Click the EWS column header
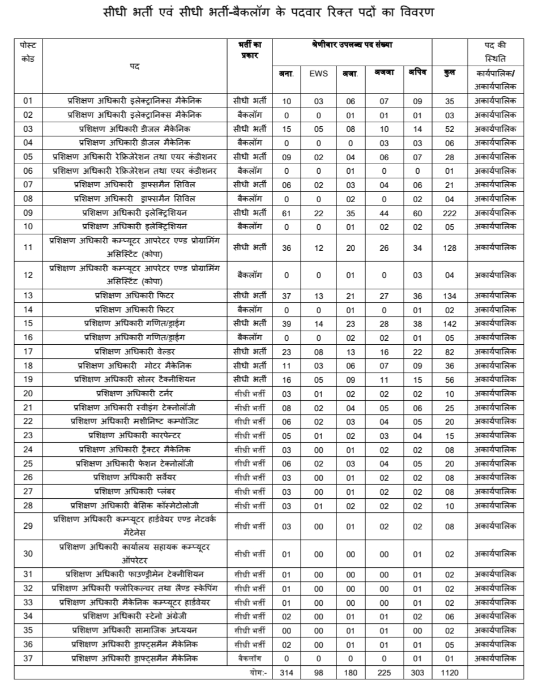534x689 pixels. tap(318, 74)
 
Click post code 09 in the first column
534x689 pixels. tap(28, 213)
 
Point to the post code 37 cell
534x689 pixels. tap(28, 658)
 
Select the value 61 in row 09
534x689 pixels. tap(287, 213)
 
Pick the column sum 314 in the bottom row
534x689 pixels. tap(287, 673)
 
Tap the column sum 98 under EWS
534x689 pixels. tap(318, 673)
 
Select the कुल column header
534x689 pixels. tap(450, 74)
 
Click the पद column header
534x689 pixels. tap(134, 66)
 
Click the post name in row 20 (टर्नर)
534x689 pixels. tap(134, 393)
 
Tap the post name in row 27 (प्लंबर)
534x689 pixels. tap(134, 491)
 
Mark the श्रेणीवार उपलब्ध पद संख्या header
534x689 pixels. tap(352, 44)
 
